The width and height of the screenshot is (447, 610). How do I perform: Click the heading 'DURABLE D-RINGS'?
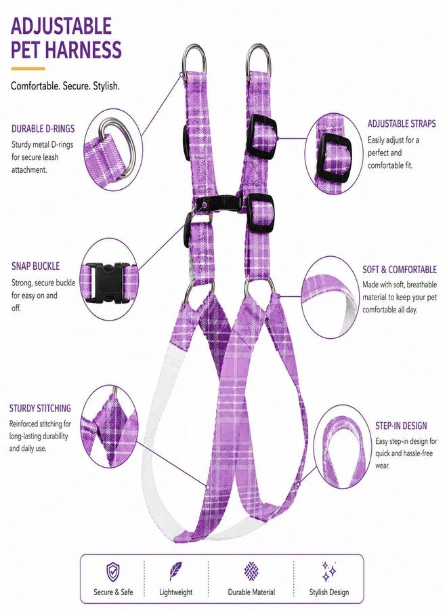pos(43,129)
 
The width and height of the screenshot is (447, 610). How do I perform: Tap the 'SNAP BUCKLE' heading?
pos(35,266)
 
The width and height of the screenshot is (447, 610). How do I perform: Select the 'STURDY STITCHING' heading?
pos(40,408)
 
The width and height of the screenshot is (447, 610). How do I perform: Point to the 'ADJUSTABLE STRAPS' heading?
pos(402,124)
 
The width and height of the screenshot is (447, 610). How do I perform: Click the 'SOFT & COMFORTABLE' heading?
pos(400,270)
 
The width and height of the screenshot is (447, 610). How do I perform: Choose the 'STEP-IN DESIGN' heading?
pos(401,426)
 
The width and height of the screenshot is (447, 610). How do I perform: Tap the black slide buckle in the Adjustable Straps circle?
pos(336,157)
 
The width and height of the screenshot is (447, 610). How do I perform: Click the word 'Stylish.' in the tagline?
pos(106,86)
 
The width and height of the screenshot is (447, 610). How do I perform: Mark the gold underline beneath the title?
pos(28,69)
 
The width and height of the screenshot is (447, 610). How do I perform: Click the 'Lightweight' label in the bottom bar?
pos(175,592)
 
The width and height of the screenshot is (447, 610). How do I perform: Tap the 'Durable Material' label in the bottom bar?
pos(251,592)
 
